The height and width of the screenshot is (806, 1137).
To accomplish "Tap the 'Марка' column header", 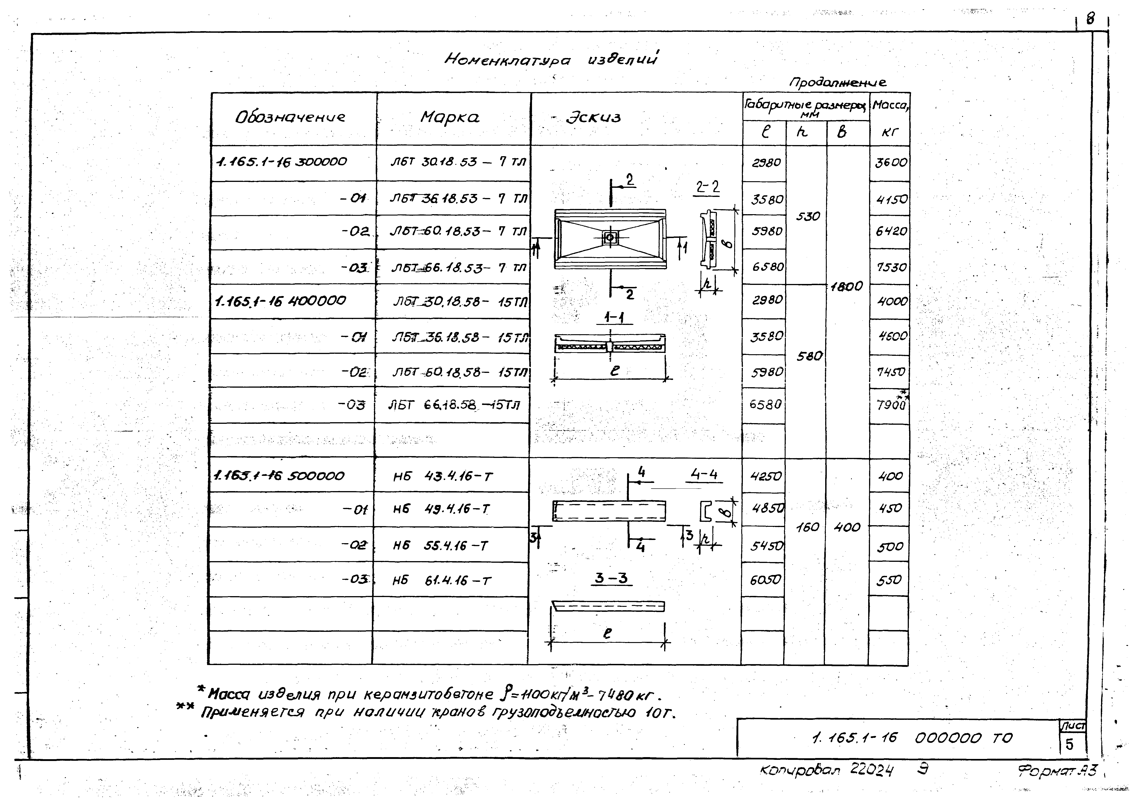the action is point(450,118).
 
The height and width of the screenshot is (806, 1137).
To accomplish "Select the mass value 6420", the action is point(891,231).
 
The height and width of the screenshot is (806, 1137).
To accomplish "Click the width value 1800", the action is point(847,286).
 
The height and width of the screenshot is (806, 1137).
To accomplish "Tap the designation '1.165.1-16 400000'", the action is point(280,301).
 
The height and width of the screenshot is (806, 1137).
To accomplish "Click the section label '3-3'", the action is point(611,578).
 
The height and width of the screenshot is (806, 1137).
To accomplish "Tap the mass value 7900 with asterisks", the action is point(891,404).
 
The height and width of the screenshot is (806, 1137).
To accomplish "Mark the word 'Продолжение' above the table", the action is point(837,82).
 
